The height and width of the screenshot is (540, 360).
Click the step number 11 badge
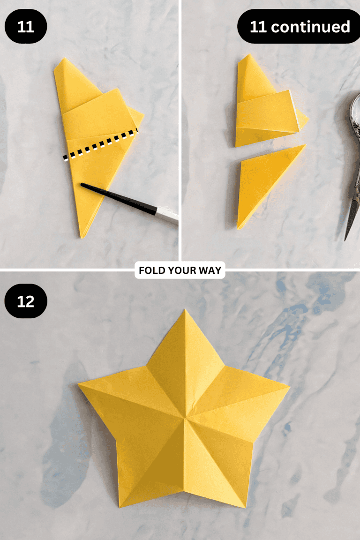26,27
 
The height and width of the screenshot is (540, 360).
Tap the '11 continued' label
299,27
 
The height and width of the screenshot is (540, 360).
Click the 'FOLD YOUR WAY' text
180,270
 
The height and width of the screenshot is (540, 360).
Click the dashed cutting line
101,145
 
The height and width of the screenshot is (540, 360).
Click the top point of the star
184,312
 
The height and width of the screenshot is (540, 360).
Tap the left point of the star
81,385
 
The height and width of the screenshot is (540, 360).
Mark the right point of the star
287,387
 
